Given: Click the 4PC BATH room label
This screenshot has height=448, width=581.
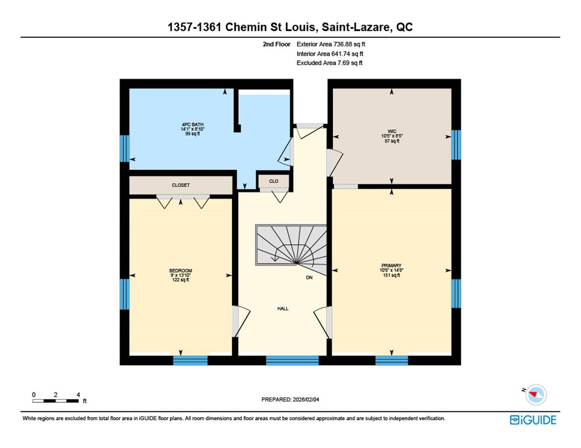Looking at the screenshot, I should point(192,125).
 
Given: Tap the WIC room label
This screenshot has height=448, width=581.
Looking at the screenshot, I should point(392,131).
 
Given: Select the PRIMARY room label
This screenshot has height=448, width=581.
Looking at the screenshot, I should point(391,265).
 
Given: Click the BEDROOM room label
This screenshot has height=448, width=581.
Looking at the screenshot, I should point(180,271).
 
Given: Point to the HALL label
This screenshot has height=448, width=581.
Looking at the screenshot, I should point(283,308).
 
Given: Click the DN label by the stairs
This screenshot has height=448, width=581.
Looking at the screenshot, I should point(309,277).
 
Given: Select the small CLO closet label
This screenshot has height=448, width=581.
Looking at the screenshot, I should point(274,181).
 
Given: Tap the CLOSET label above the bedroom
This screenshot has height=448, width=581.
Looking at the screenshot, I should point(181,185).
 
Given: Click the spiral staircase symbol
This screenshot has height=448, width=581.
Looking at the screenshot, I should point(291,246).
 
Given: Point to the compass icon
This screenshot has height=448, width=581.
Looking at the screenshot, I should point(536,394).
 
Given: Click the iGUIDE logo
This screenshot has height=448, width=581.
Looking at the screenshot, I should point(533,420).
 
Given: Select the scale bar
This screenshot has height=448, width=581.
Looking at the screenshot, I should point(56,401).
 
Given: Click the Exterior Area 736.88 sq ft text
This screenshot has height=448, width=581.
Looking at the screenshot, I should point(331,44).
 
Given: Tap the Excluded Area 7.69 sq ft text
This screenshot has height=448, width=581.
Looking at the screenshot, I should point(329,63).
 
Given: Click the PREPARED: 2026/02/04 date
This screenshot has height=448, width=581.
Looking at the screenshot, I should point(290,399).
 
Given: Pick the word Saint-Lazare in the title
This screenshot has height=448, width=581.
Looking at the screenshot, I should point(356,27).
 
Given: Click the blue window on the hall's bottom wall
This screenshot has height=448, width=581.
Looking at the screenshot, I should point(292,361).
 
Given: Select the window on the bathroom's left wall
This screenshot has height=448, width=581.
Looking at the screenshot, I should point(124,148).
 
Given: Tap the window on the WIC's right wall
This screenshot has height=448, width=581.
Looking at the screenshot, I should point(456,145).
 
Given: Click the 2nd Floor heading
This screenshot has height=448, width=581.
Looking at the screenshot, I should point(276,44).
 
